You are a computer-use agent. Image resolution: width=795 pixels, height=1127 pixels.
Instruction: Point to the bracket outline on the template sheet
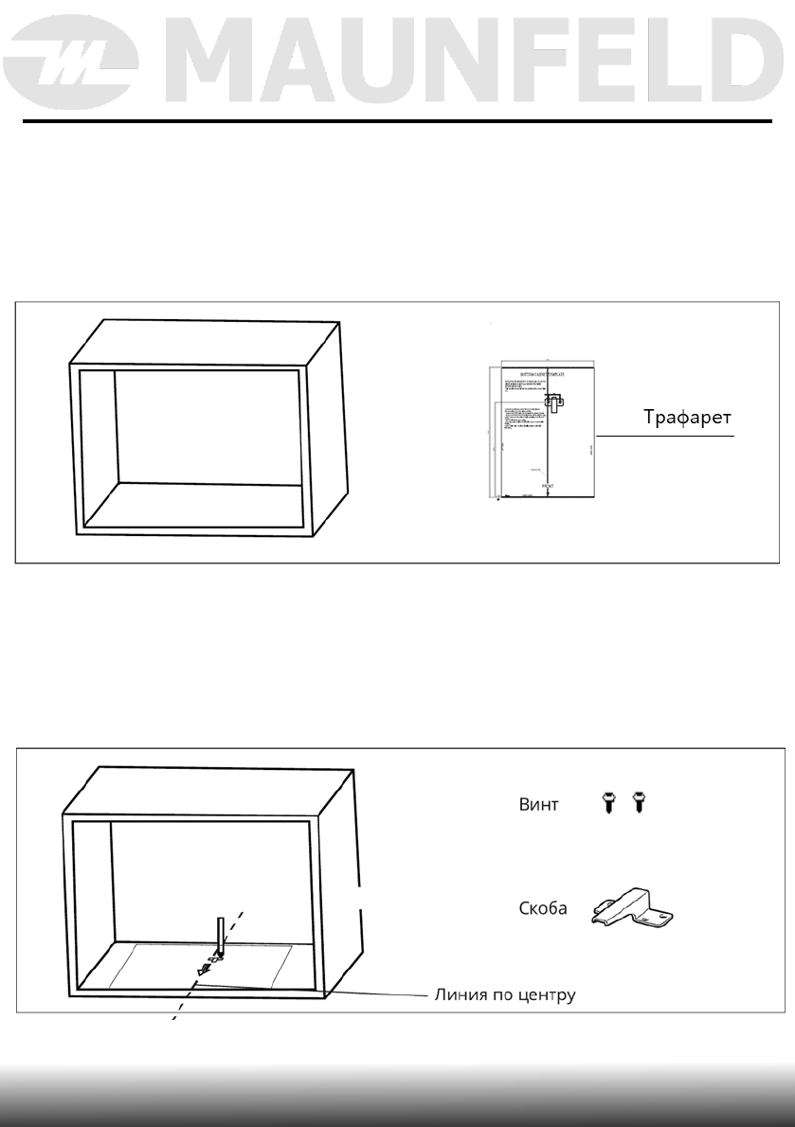coord(554,405)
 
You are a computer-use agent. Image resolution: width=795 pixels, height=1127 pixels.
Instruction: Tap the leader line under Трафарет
coord(663,436)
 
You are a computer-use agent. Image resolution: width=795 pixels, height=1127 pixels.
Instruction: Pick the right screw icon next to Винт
coord(637,804)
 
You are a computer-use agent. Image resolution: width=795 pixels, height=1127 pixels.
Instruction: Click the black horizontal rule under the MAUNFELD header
coord(397,121)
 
